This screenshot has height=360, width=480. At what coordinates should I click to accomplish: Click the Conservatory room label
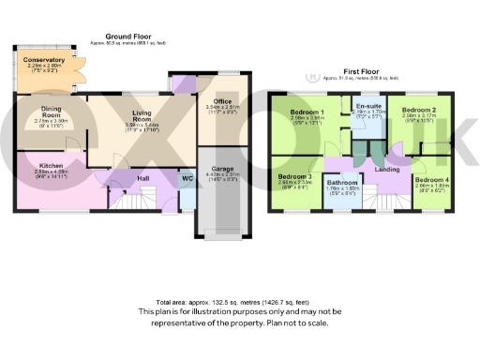point(44,60)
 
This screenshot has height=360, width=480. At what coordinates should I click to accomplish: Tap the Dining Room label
point(45,112)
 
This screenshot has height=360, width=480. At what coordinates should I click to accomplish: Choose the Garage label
point(222,195)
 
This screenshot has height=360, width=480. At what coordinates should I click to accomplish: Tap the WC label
point(187,177)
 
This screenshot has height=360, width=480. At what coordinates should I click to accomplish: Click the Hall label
point(142,176)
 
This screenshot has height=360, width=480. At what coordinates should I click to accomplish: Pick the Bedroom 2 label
point(419,110)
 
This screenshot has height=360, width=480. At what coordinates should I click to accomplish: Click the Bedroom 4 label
point(432,179)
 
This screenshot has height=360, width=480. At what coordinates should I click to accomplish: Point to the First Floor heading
point(366,69)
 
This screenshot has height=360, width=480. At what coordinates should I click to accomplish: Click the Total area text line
point(240,302)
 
